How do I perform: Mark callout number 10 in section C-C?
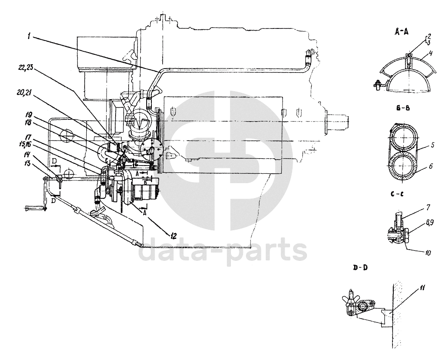tap(427, 254)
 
